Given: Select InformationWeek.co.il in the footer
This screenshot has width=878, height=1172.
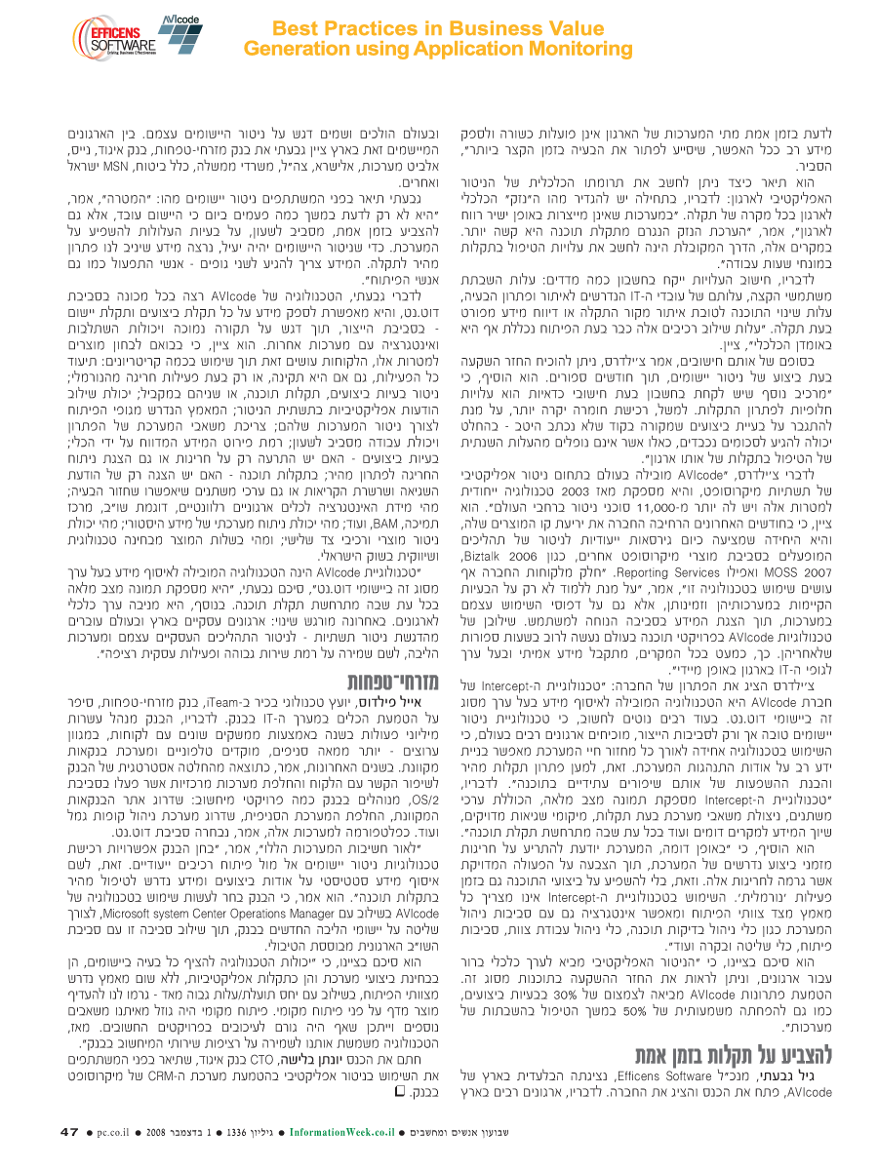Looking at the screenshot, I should click(339, 1132).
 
